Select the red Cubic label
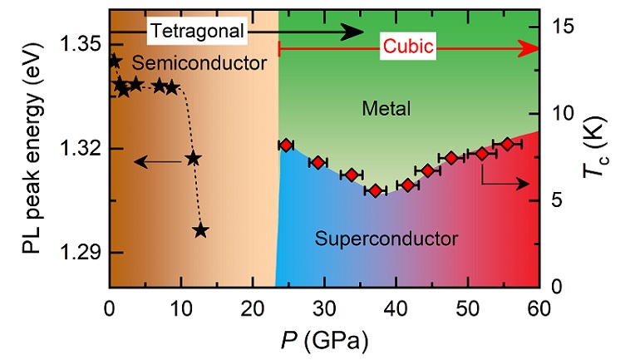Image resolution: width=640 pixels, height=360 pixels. tap(408, 48)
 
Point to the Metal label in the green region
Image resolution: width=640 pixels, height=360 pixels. tap(387, 109)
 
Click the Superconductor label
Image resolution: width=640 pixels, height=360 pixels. tap(387, 239)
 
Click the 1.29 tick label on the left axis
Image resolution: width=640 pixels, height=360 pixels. tap(81, 252)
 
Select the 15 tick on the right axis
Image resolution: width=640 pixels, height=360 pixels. tap(562, 26)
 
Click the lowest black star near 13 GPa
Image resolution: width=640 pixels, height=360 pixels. tap(200, 230)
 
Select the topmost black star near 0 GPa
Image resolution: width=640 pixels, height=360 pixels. tap(113, 61)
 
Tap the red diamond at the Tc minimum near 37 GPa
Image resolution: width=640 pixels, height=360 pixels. tap(376, 190)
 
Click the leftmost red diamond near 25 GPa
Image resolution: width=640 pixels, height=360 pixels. tap(286, 145)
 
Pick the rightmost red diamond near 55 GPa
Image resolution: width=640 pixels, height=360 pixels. tap(508, 145)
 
